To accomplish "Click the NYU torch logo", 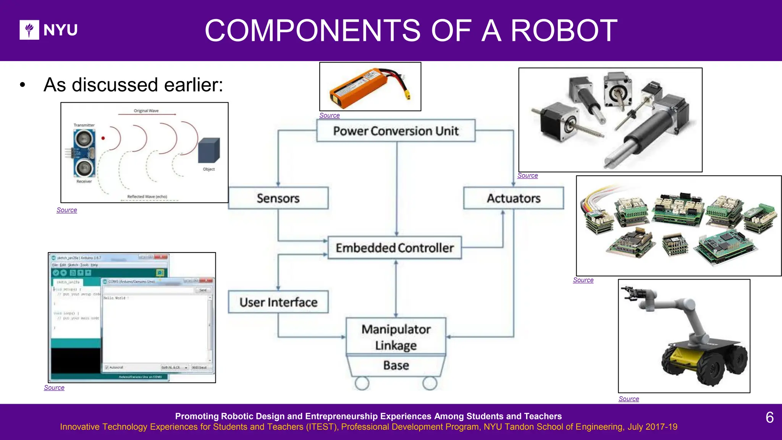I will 29,30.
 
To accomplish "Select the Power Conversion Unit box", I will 396,131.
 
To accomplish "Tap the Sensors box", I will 278,198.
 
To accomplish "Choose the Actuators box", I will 514,198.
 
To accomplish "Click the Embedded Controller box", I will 395,248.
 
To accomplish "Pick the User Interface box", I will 278,302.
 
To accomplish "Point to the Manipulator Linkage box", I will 396,336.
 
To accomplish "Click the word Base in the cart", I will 396,366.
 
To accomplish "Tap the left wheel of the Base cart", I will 362,383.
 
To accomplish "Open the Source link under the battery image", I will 329,115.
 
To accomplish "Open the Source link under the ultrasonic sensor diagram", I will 67,210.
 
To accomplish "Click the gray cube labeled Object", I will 209,150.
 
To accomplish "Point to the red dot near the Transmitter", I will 103,138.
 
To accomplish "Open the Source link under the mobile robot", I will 629,399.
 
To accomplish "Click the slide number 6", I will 769,417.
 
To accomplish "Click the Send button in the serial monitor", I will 203,290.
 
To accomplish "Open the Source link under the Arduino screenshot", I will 54,388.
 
